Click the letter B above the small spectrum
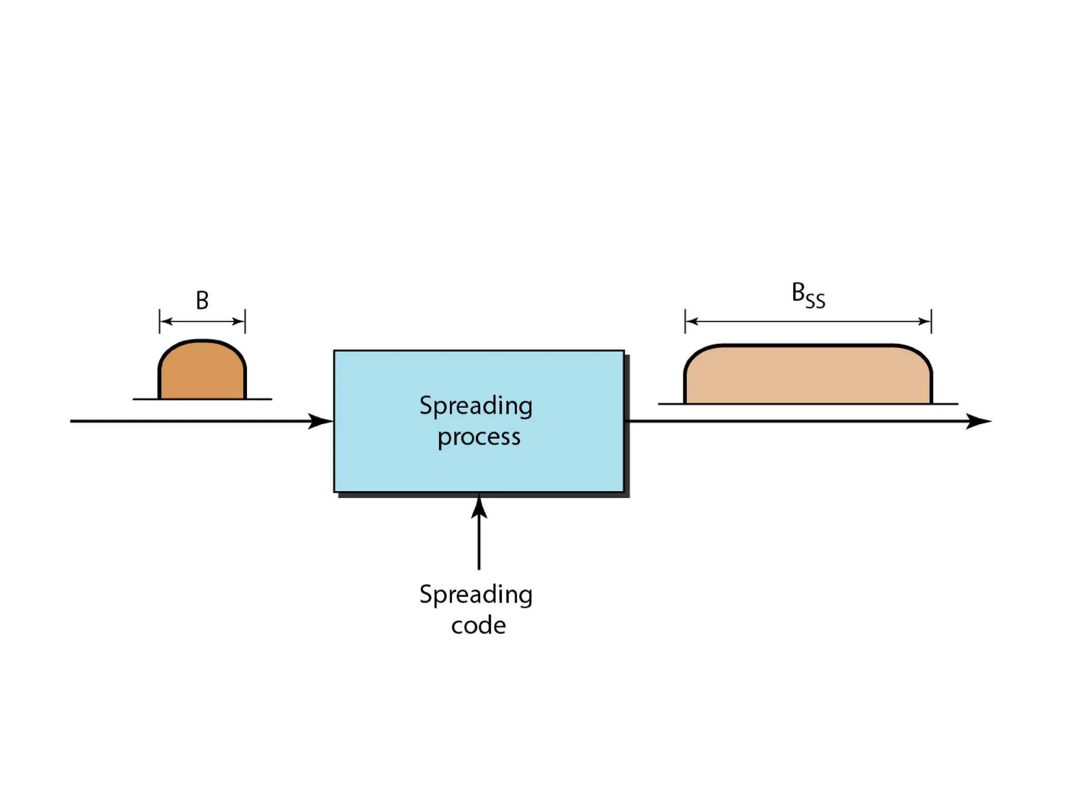click(202, 300)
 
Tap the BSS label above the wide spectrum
click(807, 295)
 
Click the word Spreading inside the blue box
click(475, 407)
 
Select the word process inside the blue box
click(479, 437)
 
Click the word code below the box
click(478, 625)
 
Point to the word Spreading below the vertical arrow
click(475, 595)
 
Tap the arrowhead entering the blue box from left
click(321, 421)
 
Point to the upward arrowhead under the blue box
click(479, 506)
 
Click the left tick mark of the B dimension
click(159, 321)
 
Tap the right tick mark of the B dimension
click(245, 321)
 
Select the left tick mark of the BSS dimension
click(685, 321)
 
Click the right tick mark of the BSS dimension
click(931, 321)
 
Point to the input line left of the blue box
click(185, 421)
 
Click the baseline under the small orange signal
click(259, 399)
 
